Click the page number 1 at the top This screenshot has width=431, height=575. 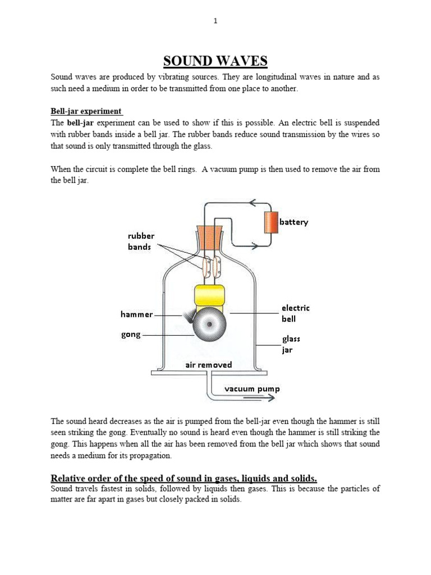215,21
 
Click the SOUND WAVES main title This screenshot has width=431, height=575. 215,61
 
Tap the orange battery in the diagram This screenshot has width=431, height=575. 272,222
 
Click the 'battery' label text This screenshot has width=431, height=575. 294,222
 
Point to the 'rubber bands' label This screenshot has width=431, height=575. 141,241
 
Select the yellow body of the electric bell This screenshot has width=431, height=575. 209,297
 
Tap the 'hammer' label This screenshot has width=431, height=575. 136,314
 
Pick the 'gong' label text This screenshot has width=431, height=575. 131,335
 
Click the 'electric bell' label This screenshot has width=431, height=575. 295,313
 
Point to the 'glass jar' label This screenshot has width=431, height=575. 291,344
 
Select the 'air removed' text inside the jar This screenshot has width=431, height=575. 208,365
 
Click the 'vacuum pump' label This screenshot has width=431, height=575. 252,389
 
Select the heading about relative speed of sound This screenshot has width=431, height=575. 184,478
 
